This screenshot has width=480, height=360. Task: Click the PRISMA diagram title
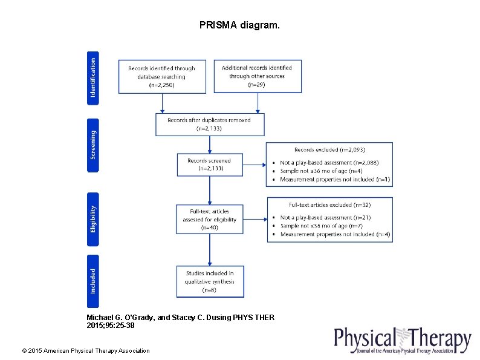[x=239, y=26]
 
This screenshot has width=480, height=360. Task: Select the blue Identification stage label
[x=93, y=77]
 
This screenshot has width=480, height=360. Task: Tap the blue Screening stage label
[x=93, y=145]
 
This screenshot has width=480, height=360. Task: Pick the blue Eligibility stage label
[x=93, y=219]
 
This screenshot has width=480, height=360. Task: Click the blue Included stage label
[x=93, y=281]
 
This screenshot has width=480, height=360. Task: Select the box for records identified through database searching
[x=161, y=76]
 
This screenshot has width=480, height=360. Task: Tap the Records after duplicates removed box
[x=209, y=124]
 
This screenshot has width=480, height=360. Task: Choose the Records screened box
[x=209, y=165]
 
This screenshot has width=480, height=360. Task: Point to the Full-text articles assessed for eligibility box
[x=209, y=220]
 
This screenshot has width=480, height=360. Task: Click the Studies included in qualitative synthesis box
[x=210, y=281]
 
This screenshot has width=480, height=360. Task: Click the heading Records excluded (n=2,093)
[x=329, y=149]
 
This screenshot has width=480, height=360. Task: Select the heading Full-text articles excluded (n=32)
[x=329, y=205]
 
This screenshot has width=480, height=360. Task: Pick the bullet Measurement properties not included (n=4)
[x=335, y=234]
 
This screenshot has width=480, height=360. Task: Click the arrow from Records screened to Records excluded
[x=255, y=164]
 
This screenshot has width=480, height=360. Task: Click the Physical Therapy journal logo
[x=403, y=340]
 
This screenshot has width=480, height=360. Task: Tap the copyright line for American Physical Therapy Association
[x=85, y=350]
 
